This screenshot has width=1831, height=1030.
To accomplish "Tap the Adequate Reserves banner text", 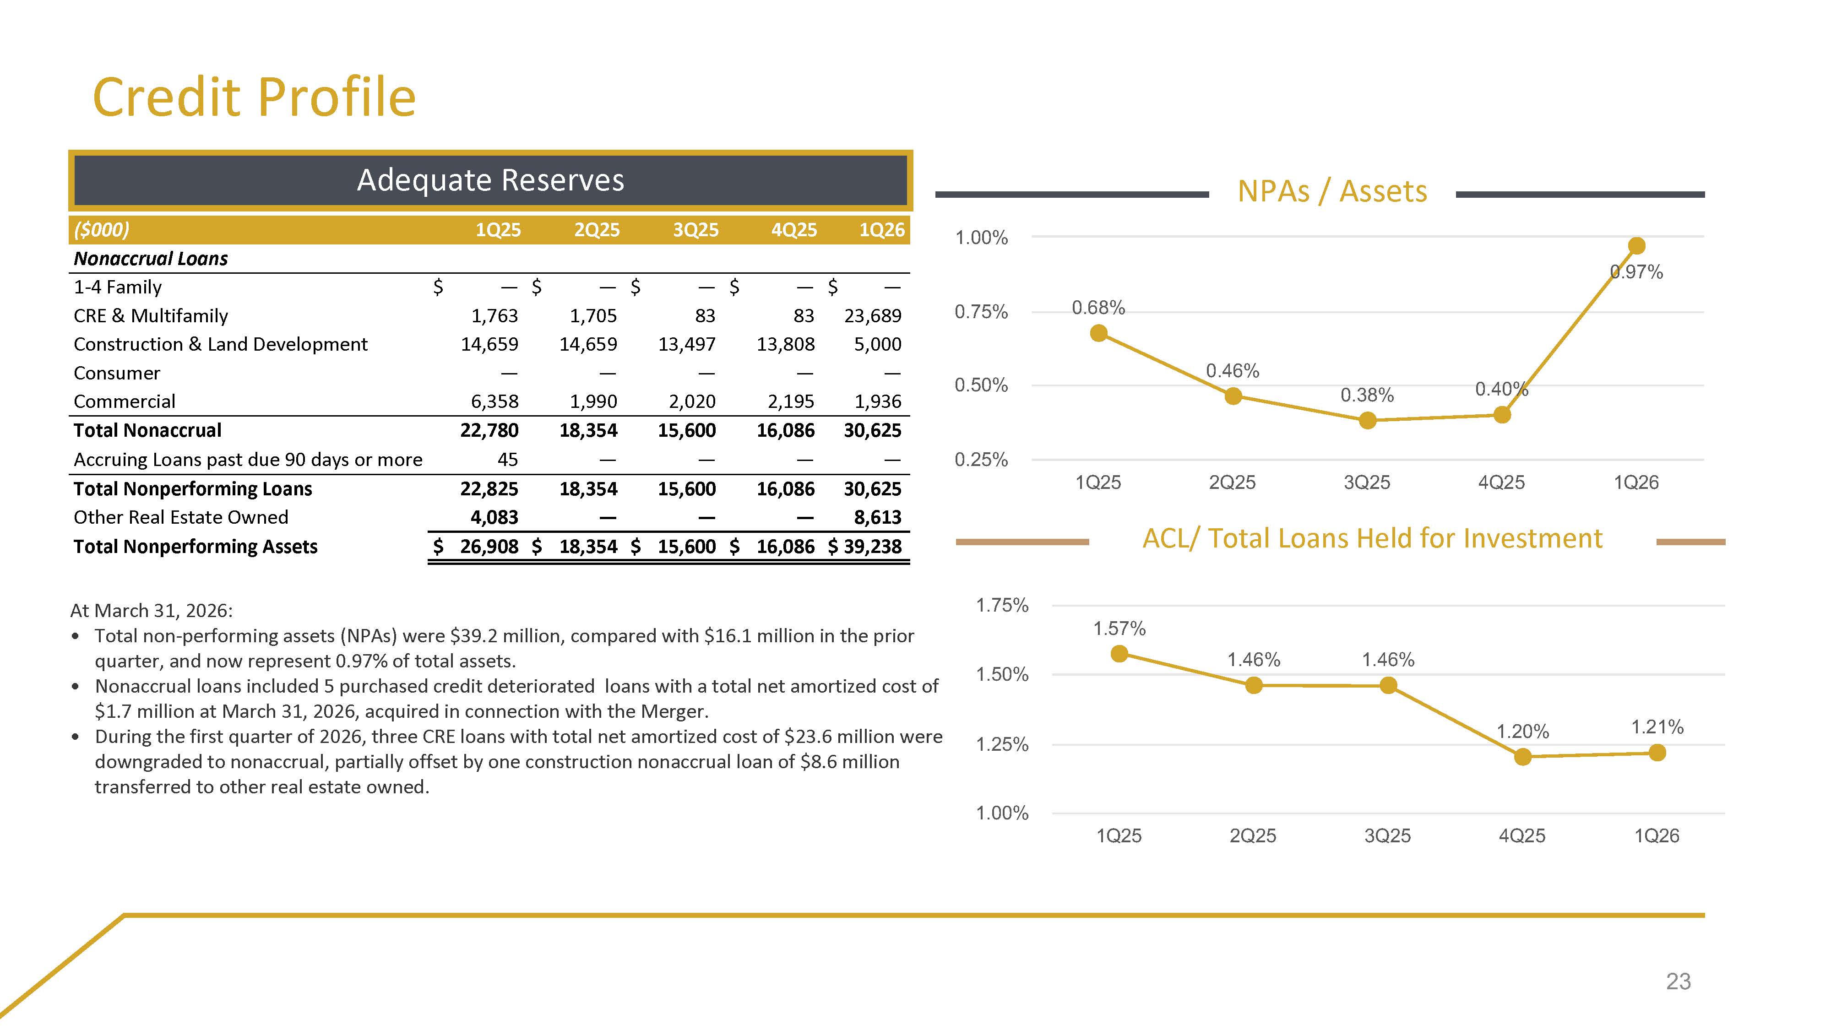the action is [x=490, y=180].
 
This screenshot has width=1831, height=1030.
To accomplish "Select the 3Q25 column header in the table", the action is [x=696, y=230].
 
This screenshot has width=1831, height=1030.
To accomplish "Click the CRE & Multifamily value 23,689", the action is [x=873, y=315].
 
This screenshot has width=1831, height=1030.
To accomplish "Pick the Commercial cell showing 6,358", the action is [x=494, y=401].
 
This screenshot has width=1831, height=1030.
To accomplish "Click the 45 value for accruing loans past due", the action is [x=507, y=459].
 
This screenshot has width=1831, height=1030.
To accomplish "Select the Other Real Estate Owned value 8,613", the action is [x=878, y=517].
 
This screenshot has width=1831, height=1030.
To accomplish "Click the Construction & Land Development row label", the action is [x=220, y=344].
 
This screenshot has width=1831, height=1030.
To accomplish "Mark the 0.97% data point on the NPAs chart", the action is [x=1636, y=246].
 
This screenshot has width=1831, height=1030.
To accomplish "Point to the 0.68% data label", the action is [x=1098, y=308].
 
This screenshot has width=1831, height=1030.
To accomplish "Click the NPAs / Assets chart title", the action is [x=1332, y=191].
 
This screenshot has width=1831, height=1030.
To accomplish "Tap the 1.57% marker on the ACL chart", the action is [x=1119, y=653].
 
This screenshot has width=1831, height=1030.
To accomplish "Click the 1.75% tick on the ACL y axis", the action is [x=1002, y=606].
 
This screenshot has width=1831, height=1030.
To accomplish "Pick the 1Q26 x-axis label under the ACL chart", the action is [x=1657, y=836].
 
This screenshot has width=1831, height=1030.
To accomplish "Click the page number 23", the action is [x=1678, y=981].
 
